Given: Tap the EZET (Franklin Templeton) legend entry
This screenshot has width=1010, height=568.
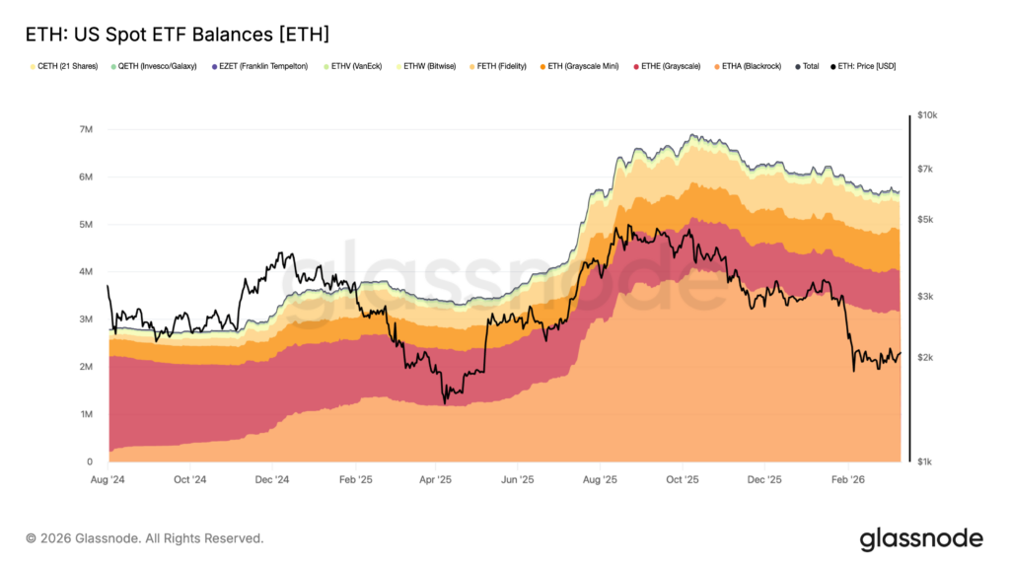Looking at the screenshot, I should [263, 66].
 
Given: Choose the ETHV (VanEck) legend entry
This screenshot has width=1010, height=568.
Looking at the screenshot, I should [357, 66].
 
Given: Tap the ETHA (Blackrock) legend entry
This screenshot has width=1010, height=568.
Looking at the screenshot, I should [752, 66].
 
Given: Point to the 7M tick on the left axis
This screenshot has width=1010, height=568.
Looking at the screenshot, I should [86, 130].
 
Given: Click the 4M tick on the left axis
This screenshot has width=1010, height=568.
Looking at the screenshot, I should [86, 272].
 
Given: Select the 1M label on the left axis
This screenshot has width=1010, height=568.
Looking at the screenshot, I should [86, 414].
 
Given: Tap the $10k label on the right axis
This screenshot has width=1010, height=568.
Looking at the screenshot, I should [927, 115].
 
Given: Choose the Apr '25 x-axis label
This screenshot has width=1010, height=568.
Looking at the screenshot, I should [435, 479].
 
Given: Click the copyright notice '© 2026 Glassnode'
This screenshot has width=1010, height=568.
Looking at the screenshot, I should [144, 538].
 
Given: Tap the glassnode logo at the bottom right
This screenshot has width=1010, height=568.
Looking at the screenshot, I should [921, 538].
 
